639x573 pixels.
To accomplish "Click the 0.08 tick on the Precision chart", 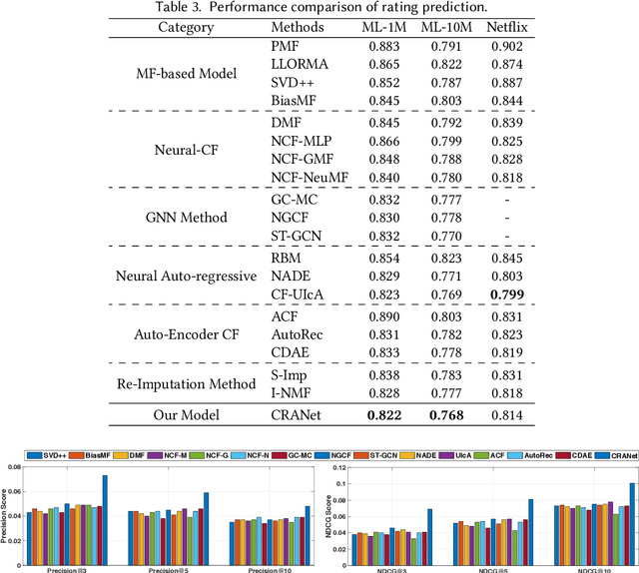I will pyautogui.click(x=20, y=467).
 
